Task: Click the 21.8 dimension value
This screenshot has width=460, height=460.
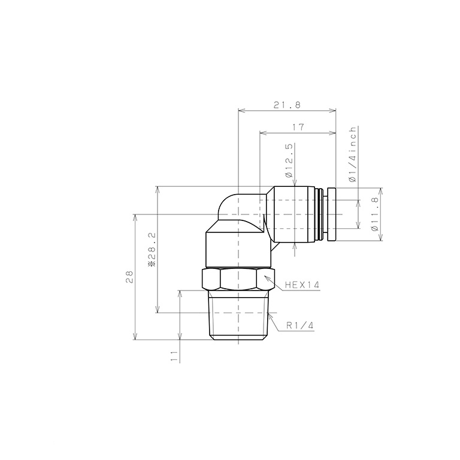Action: (x=286, y=105)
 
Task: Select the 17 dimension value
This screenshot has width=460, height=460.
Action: (x=298, y=127)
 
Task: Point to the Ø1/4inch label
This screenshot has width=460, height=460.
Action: (x=353, y=154)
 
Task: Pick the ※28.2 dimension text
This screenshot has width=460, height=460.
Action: (x=152, y=249)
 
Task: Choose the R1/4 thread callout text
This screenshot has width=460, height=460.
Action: (x=300, y=325)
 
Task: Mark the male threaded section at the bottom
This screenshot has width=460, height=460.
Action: (x=238, y=317)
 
